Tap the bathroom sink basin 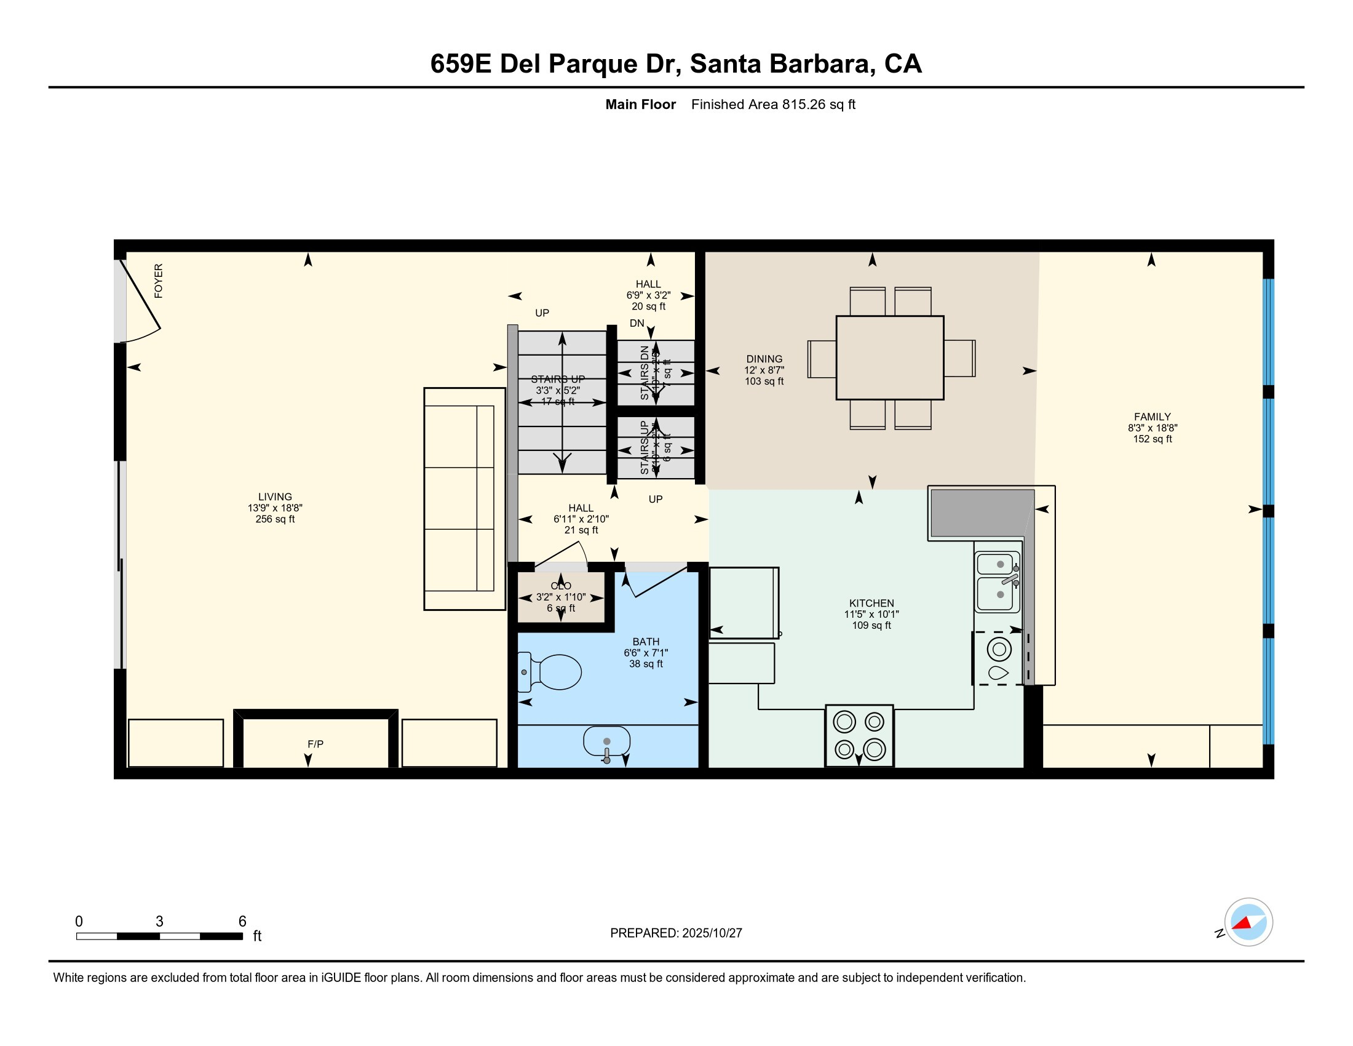pyautogui.click(x=606, y=742)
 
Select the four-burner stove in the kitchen pyautogui.click(x=859, y=735)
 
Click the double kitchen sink pyautogui.click(x=998, y=581)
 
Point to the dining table pyautogui.click(x=890, y=357)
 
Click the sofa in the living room pyautogui.click(x=464, y=499)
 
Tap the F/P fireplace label pyautogui.click(x=315, y=744)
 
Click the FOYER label pyautogui.click(x=159, y=281)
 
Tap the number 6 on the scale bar pyautogui.click(x=242, y=922)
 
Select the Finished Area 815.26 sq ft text pyautogui.click(x=772, y=105)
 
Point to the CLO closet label pyautogui.click(x=561, y=586)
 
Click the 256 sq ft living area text pyautogui.click(x=275, y=519)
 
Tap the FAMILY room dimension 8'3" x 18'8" pyautogui.click(x=1153, y=428)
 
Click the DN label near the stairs pyautogui.click(x=637, y=323)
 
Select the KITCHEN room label pyautogui.click(x=871, y=603)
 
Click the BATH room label pyautogui.click(x=646, y=641)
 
